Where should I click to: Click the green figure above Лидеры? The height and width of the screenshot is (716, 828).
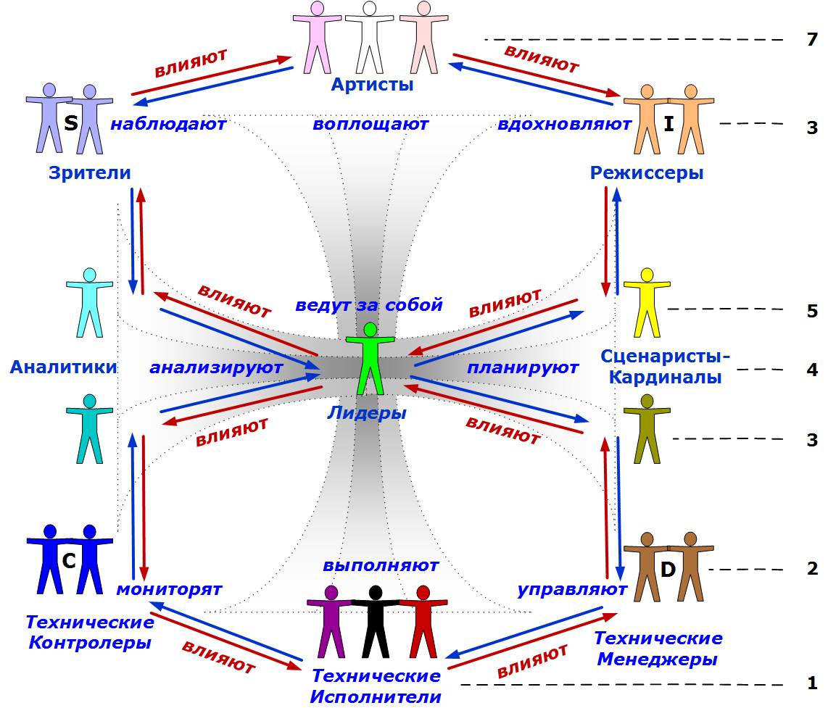[x=370, y=358]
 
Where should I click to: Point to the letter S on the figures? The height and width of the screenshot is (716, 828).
[x=70, y=123]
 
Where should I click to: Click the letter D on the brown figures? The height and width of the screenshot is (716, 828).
[x=668, y=570]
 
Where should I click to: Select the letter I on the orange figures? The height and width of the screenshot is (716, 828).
[x=668, y=124]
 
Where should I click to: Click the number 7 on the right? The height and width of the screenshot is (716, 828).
[x=811, y=39]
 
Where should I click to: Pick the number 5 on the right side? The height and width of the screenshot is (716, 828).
[x=811, y=311]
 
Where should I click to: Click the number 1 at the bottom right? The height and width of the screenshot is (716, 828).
[x=812, y=683]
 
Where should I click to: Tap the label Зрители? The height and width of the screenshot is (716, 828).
[x=90, y=173]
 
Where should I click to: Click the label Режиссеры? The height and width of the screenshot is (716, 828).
[x=647, y=173]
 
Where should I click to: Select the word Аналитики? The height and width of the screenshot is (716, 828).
[x=63, y=367]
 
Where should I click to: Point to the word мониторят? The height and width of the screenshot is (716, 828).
[x=169, y=589]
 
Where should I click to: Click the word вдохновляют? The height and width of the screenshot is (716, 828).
[x=564, y=124]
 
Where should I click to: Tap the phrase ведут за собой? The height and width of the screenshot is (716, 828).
[x=368, y=304]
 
